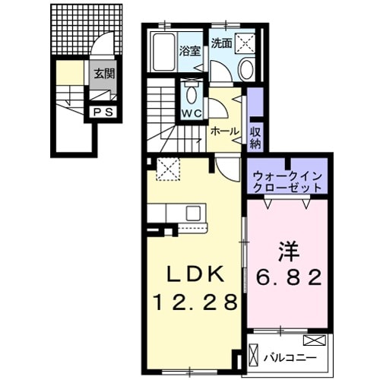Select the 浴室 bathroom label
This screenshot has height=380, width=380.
pos(189,53)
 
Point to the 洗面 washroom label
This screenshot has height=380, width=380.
pos(221,43)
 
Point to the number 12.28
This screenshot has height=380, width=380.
pos(194,302)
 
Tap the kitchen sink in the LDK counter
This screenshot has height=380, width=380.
pos(191,213)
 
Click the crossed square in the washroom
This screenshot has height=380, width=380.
pos(247,43)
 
